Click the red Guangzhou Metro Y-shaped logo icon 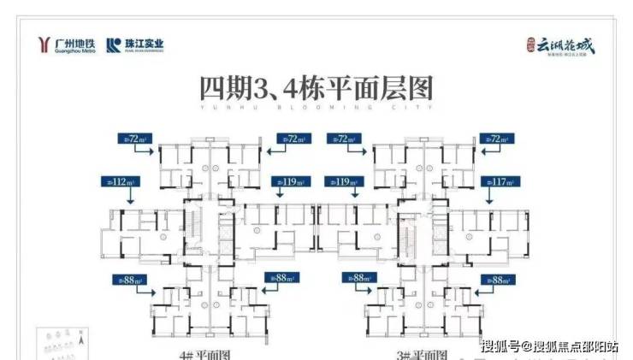(45, 45)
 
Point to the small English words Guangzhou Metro (76, 51)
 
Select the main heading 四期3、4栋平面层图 (316, 87)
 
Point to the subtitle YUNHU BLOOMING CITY (316, 109)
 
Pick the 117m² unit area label (502, 182)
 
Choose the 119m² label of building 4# (289, 182)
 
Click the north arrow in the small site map (77, 341)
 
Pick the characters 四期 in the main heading (223, 87)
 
